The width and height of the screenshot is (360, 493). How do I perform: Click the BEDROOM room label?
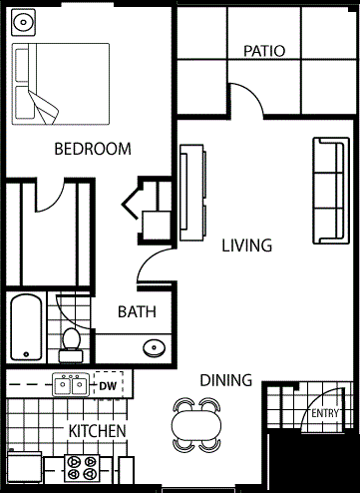pyautogui.click(x=92, y=150)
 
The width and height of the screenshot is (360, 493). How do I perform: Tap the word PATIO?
pyautogui.click(x=264, y=51)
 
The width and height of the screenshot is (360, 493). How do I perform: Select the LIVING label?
pyautogui.click(x=246, y=246)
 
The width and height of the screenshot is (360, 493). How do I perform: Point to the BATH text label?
pyautogui.click(x=138, y=311)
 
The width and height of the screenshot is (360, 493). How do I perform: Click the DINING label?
pyautogui.click(x=225, y=380)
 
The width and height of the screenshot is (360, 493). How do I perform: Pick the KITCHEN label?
pyautogui.click(x=97, y=431)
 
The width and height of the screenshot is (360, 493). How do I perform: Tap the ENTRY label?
pyautogui.click(x=325, y=414)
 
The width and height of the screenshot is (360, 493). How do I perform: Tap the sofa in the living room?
pyautogui.click(x=328, y=190)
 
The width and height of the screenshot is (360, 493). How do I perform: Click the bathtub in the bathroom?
pyautogui.click(x=26, y=328)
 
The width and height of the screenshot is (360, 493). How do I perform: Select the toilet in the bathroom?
pyautogui.click(x=70, y=340)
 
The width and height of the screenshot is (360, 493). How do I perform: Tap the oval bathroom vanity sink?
pyautogui.click(x=152, y=347)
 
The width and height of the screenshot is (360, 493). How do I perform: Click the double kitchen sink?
pyautogui.click(x=70, y=385)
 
